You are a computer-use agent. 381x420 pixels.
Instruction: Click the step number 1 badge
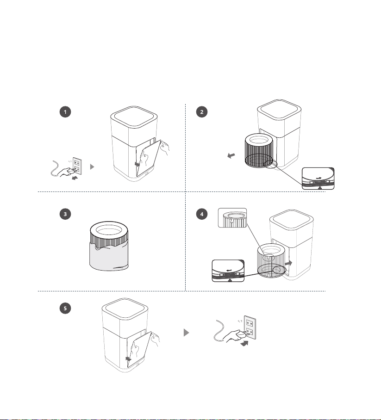pos(65,111)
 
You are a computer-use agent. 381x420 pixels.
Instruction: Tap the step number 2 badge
pos(202,111)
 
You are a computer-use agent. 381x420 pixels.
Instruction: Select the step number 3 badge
pos(65,214)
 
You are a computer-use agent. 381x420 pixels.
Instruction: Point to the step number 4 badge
pos(202,214)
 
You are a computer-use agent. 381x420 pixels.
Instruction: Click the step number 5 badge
pos(65,308)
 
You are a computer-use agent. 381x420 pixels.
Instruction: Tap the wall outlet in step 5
pos(250,327)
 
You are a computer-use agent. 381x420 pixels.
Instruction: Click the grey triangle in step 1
pos(92,167)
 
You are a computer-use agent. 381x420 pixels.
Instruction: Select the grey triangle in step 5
pos(187,333)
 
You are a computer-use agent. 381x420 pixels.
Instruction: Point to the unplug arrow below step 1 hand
pos(75,178)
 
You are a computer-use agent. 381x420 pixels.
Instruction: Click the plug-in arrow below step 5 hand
pos(244,343)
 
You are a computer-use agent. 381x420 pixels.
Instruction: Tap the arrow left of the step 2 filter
pos(231,155)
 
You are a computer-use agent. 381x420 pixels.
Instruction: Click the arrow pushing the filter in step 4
pos(288,263)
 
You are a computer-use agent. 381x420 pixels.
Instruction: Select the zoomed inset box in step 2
pos(318,179)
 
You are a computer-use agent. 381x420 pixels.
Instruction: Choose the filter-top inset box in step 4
pos(232,218)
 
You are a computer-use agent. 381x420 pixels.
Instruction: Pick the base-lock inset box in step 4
pos(228,271)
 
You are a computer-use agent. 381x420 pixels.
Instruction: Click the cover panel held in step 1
pos(149,158)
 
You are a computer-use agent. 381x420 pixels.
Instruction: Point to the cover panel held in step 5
pos(140,350)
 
